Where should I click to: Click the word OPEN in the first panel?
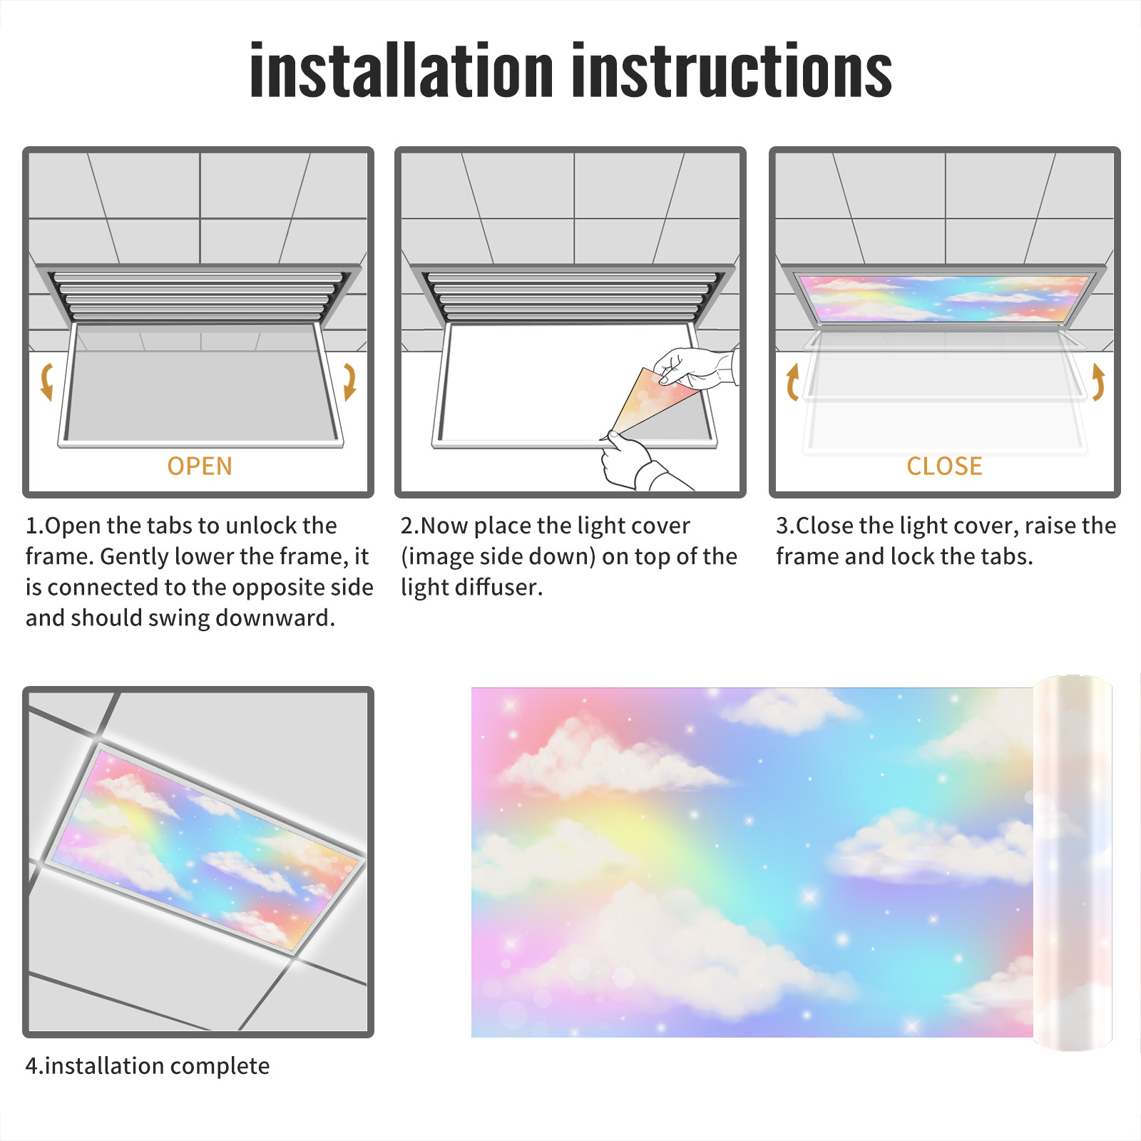[200, 466]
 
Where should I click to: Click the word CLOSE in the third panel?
[944, 466]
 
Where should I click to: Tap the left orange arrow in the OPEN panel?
[47, 382]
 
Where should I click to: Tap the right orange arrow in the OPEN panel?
[349, 382]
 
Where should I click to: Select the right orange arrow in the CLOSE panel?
[1099, 382]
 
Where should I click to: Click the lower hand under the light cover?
[638, 464]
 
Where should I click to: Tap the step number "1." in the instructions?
[34, 526]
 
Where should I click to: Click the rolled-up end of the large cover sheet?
[1073, 863]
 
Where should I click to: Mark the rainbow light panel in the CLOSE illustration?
[944, 297]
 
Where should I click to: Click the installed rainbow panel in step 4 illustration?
[207, 849]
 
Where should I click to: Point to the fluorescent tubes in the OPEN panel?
[199, 295]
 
